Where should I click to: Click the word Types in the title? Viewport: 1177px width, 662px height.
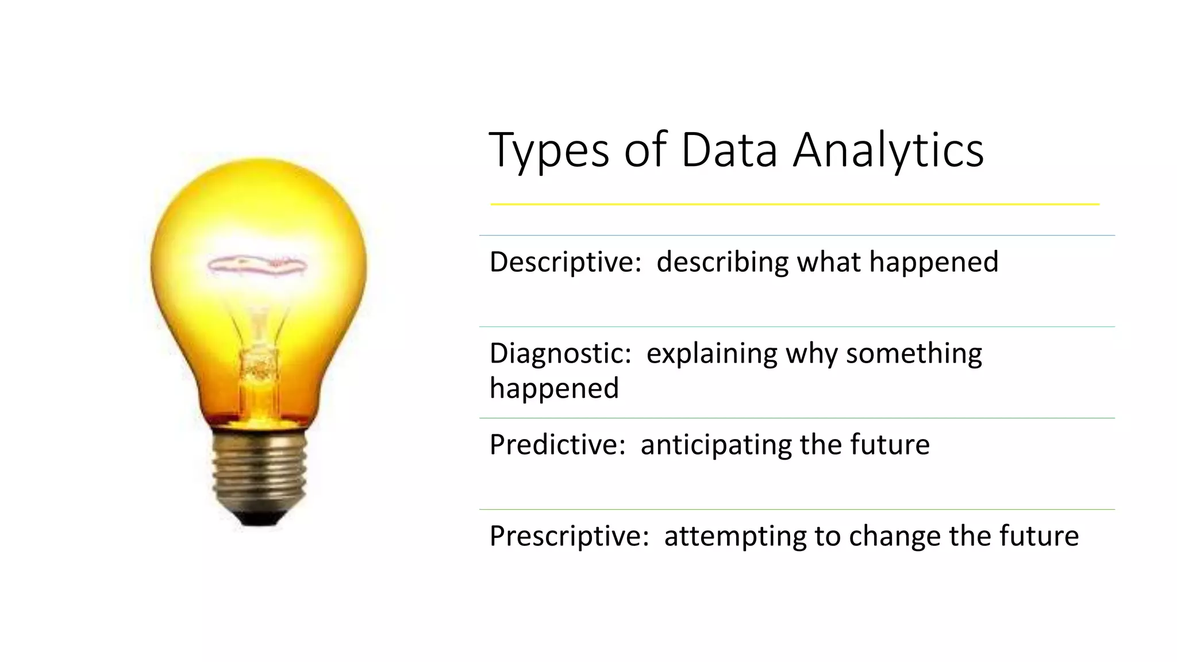548,151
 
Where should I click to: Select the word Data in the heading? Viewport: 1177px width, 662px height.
728,151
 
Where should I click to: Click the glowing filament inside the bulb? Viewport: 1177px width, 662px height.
257,265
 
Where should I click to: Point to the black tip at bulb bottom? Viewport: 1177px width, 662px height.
258,519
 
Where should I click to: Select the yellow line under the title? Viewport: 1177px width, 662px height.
794,204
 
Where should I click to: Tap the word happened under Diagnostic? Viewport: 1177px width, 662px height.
554,388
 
